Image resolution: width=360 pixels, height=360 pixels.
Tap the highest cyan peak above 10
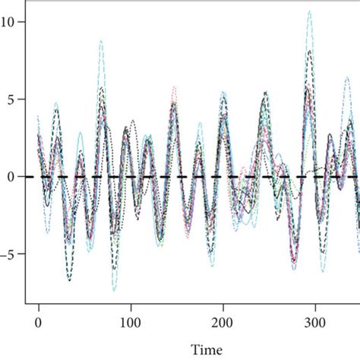pyautogui.click(x=309, y=11)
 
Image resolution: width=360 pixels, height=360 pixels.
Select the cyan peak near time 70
pyautogui.click(x=100, y=41)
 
